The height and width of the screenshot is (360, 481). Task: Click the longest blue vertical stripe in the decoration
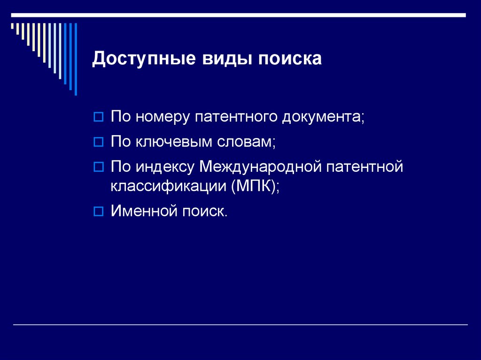coord(75,59)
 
